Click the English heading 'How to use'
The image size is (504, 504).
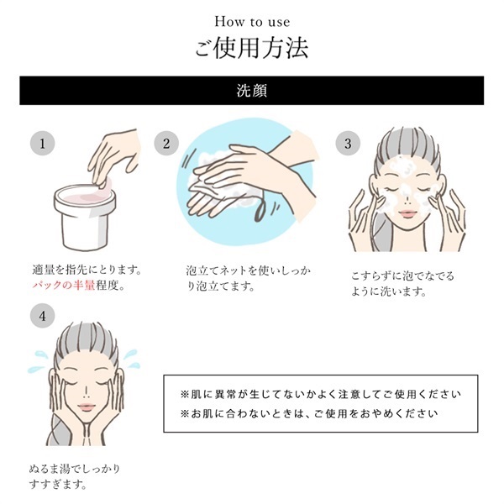251,20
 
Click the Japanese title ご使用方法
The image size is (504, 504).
251,48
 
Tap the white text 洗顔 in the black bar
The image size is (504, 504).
251,90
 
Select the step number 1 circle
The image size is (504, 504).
39,143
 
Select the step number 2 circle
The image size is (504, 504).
166,143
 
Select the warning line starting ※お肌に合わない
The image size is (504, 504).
308,414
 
